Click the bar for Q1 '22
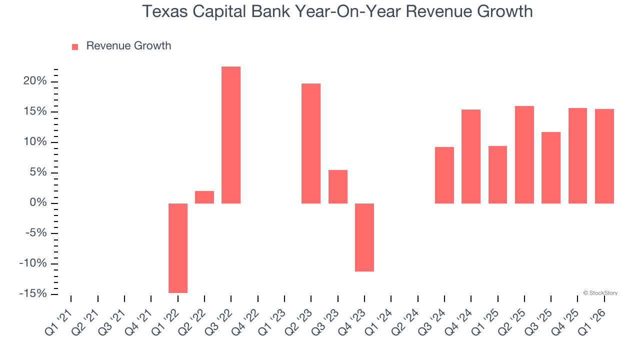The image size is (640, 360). coord(177,248)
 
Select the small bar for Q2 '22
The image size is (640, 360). coord(204,197)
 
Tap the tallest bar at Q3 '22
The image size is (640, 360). coord(231,135)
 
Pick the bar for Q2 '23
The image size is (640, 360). coord(311,143)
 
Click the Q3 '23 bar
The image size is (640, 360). coord(337,186)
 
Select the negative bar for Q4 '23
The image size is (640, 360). coord(364,237)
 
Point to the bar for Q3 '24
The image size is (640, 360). coord(444,175)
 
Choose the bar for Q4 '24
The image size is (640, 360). coord(471,156)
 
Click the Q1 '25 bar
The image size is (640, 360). coord(497,174)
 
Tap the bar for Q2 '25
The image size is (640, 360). coord(524,154)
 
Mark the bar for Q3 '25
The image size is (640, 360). coord(551,167)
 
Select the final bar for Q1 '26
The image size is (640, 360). coord(604,156)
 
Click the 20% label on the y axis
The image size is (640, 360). coord(34,81)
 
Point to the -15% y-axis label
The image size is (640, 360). coord(33,293)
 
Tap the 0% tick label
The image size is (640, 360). coord(38,202)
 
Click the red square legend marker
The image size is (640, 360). coord(75,46)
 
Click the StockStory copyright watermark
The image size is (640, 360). coord(600,293)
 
